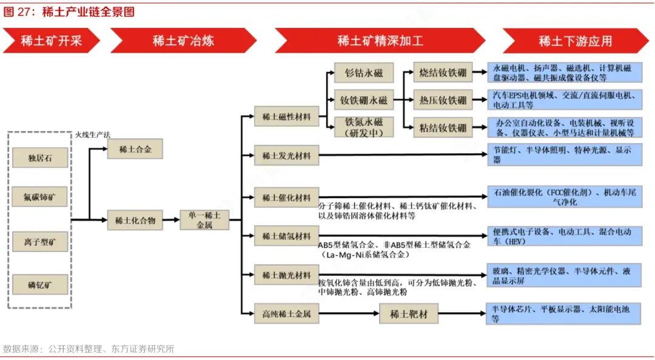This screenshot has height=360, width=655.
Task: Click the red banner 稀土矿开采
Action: [x=51, y=41]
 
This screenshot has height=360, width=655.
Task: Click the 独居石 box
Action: [x=40, y=158]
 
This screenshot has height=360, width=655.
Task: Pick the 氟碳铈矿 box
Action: [x=40, y=197]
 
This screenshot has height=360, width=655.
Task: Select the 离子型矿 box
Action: [x=40, y=242]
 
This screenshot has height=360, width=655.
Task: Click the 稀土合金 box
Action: [x=135, y=149]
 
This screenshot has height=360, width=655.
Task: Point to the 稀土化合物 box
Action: [x=135, y=221]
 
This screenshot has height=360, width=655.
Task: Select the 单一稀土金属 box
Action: [x=204, y=220]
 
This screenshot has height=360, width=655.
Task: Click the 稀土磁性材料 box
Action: [x=286, y=116]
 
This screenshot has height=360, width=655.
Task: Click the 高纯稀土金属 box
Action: [x=286, y=314]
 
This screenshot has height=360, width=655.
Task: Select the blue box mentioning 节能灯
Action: [x=565, y=155]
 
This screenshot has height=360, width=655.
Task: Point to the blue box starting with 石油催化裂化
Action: [x=565, y=197]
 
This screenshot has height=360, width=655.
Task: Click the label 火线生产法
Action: [x=92, y=134]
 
